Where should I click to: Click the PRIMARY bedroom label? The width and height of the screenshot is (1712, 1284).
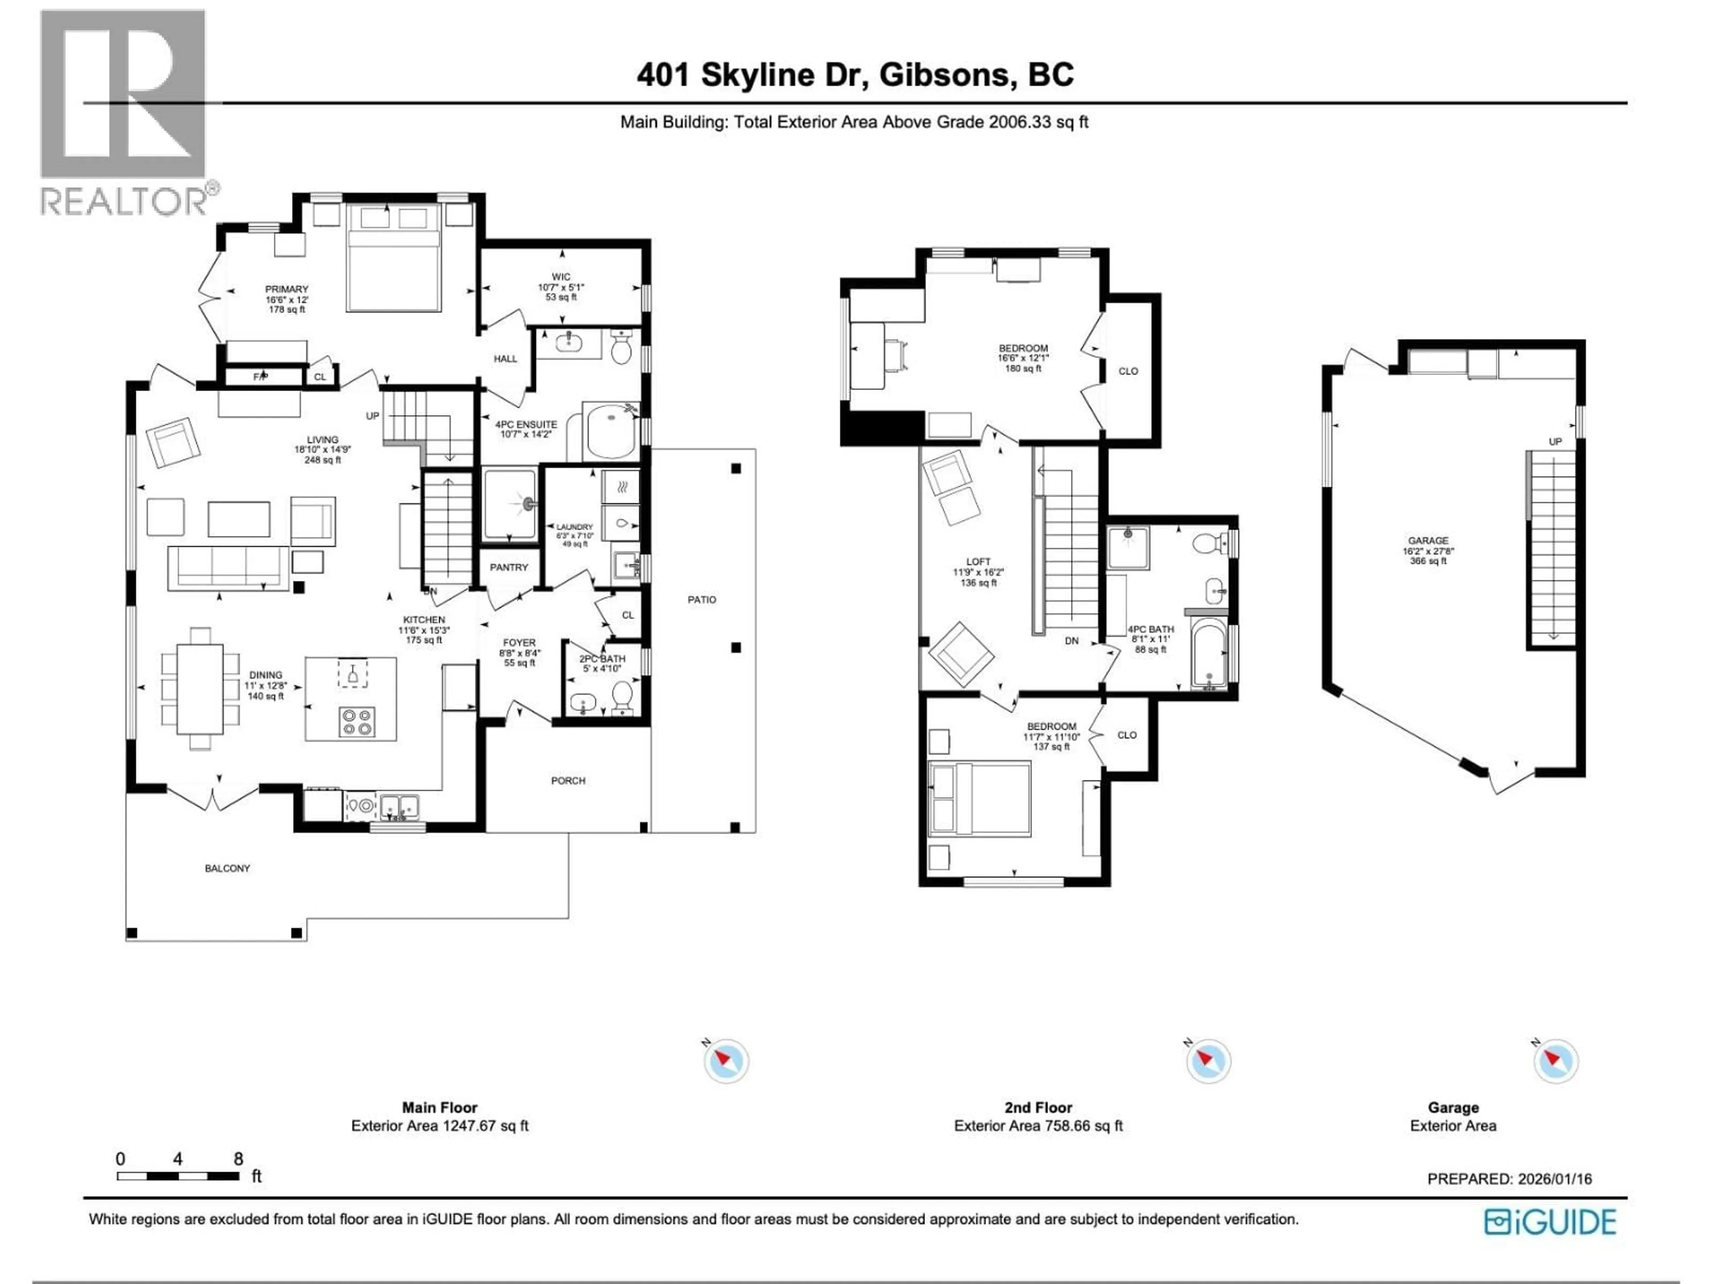[x=286, y=289]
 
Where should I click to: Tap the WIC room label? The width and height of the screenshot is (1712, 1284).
[x=561, y=277]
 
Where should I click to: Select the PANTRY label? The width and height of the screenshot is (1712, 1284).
[x=509, y=567]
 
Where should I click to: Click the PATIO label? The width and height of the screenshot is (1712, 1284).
[x=701, y=600]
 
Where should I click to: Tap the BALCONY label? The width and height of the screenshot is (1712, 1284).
[x=227, y=868]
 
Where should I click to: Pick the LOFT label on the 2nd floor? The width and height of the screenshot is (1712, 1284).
[x=978, y=562]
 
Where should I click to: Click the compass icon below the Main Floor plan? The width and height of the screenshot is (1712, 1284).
[x=726, y=1060]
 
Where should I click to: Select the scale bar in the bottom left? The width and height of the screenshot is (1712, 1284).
[x=178, y=1176]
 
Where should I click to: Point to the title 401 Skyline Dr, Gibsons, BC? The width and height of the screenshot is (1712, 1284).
[x=855, y=75]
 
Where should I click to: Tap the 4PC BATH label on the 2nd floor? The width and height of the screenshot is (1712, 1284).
[x=1150, y=629]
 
